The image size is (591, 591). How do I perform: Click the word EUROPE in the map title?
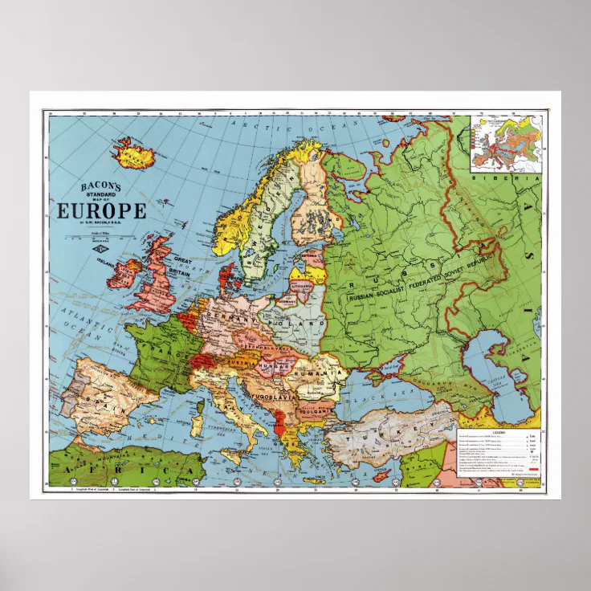click(101, 211)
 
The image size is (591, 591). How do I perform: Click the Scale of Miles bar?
click(100, 236)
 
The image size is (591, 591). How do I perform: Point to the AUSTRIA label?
click(241, 362)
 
